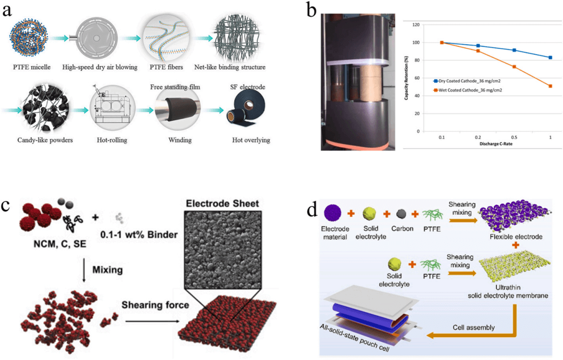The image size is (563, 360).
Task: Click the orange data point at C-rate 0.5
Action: point(499,67)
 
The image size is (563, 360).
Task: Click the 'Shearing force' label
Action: point(156,305)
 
